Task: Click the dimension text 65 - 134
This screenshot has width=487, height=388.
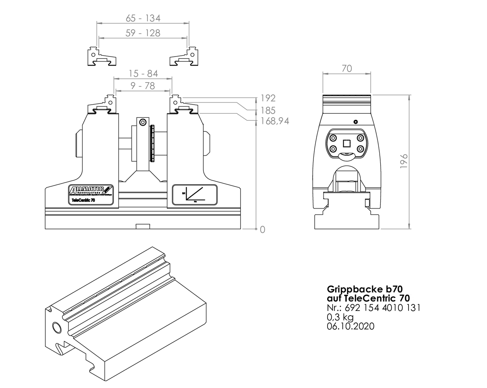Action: [x=143, y=18]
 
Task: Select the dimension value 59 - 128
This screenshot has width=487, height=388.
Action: [x=143, y=33]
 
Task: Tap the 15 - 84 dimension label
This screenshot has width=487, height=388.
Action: [x=143, y=73]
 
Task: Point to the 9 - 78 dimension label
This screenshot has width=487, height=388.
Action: [x=143, y=86]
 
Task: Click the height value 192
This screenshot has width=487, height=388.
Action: [x=268, y=98]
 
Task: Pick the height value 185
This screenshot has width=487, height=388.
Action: [x=268, y=110]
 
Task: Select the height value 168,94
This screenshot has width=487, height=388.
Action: [x=275, y=121]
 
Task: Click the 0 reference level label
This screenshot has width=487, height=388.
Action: [x=262, y=230]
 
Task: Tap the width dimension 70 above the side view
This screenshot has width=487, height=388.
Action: [x=347, y=69]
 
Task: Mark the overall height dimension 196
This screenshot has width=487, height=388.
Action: [x=404, y=161]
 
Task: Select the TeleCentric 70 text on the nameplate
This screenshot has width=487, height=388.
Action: [x=83, y=200]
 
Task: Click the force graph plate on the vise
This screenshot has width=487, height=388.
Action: [x=194, y=195]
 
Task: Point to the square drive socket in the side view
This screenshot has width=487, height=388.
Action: [x=347, y=143]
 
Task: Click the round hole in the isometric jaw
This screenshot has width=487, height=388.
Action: [x=57, y=328]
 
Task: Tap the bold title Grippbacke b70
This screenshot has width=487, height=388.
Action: [x=364, y=289]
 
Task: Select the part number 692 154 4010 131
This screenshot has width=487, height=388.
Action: [x=383, y=308]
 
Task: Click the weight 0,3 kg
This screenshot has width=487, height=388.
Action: [x=340, y=317]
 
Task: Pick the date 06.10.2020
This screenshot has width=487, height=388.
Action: [x=350, y=326]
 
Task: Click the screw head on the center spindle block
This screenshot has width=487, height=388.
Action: [x=143, y=123]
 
